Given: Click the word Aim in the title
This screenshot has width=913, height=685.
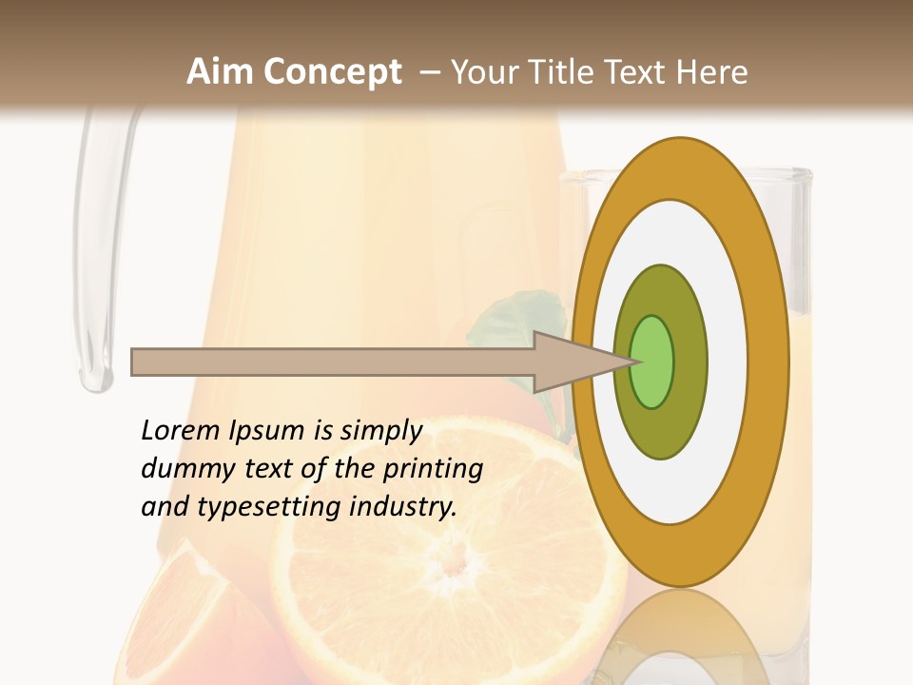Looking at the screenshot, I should [x=221, y=72].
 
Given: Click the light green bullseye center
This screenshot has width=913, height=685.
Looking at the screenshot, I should [x=651, y=362].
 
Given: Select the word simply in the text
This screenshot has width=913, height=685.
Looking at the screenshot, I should [x=380, y=432].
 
